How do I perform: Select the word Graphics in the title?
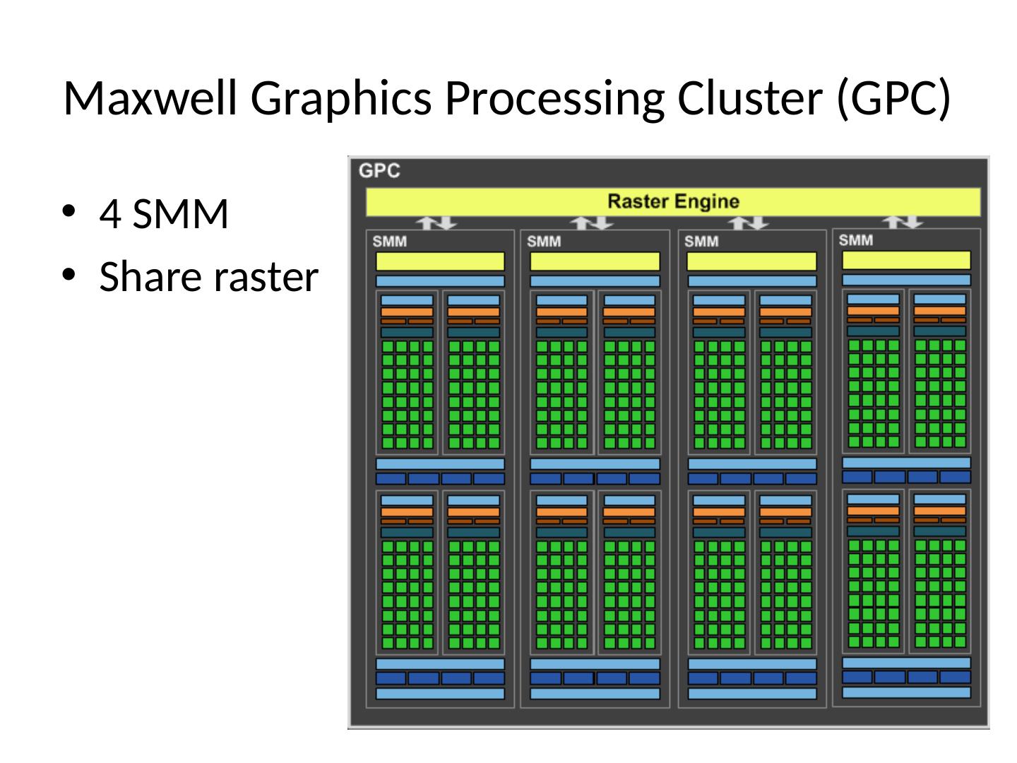(340, 100)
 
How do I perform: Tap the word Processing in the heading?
(554, 100)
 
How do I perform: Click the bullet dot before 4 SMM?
(68, 211)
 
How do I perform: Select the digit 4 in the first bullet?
(110, 213)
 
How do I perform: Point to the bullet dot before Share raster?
(68, 274)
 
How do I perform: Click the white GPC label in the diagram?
(379, 170)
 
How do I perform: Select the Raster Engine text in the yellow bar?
(673, 201)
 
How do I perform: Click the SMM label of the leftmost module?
(389, 242)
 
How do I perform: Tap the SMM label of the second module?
(544, 242)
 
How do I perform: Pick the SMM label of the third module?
(701, 242)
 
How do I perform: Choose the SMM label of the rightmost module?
(855, 240)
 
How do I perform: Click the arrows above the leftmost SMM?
(436, 223)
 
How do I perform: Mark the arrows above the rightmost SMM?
(902, 223)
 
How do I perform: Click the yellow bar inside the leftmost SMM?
(440, 261)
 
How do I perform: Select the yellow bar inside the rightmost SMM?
(906, 260)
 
